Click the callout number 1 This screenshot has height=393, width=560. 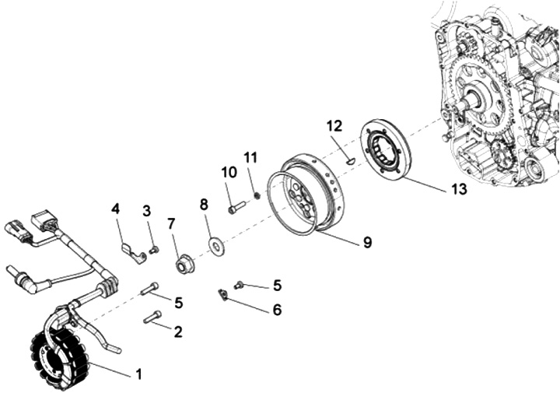139,374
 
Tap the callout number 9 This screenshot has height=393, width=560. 366,242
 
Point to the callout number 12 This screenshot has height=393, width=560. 334,125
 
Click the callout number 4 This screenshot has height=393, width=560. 116,209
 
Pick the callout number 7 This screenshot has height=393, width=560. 171,224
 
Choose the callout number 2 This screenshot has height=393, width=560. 178,332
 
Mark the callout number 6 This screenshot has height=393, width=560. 277,310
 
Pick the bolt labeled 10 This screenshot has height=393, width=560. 236,208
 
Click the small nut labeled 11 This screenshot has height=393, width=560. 256,195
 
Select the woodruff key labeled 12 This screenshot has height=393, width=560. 350,160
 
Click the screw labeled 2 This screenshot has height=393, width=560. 152,317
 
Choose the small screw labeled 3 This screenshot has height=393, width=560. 154,250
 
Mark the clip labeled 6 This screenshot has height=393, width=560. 222,294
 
